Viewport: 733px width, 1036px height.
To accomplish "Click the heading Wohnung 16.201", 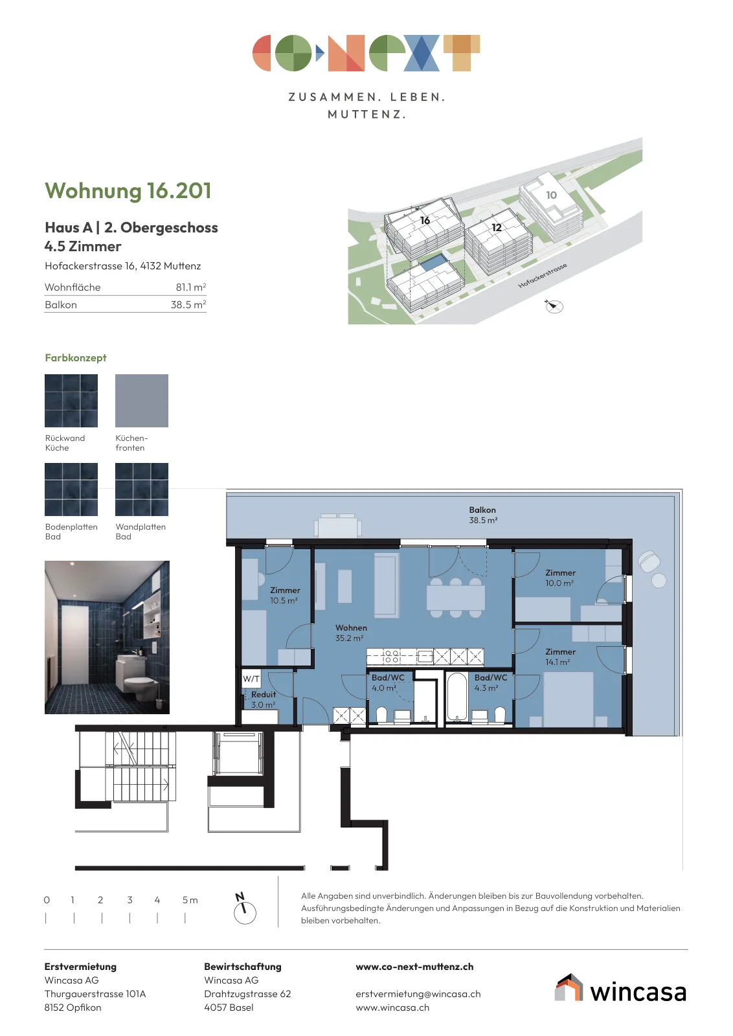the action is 128,191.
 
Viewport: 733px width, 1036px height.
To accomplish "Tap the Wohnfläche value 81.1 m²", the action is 190,287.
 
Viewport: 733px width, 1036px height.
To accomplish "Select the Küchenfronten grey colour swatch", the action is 142,401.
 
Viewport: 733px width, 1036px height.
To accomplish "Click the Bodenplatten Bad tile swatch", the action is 71,490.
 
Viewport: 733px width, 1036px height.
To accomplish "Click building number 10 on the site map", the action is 551,195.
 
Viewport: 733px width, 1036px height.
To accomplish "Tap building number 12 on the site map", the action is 496,227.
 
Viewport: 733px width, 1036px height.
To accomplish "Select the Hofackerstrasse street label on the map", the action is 542,276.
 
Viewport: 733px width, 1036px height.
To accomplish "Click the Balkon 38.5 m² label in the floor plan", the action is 483,515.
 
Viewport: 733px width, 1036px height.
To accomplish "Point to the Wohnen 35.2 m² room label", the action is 350,633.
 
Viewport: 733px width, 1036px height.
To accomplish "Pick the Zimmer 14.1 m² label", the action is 560,657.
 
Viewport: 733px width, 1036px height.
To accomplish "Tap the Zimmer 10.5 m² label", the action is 284,595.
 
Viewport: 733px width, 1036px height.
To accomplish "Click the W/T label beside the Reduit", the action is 251,679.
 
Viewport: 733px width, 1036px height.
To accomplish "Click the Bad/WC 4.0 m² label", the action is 387,682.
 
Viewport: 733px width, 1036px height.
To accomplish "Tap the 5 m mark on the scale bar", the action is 190,900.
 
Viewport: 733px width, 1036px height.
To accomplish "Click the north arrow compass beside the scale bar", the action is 244,909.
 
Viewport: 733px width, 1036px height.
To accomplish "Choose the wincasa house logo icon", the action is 569,987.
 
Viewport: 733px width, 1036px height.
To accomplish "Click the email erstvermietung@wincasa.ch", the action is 418,994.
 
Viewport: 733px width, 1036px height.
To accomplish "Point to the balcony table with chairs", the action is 337,525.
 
